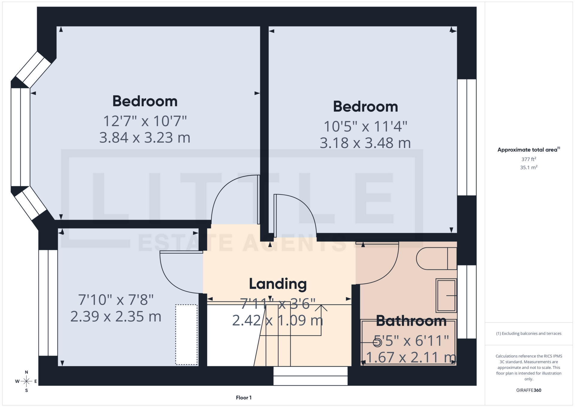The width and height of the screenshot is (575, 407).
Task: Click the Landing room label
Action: point(278,284)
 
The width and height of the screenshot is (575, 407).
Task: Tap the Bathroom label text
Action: point(411,321)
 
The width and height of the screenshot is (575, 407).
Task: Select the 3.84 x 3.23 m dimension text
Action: point(145,138)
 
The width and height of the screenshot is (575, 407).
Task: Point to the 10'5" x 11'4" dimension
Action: point(365,126)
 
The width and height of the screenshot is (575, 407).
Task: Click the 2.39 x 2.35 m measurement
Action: point(116,316)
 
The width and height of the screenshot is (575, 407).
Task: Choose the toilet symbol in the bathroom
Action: point(436,258)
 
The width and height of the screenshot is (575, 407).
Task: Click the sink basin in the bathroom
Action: point(446,296)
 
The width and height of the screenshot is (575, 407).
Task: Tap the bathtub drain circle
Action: point(377,342)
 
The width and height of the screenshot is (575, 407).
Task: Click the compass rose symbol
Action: point(26,381)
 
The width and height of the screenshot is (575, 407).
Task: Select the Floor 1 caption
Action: point(243,398)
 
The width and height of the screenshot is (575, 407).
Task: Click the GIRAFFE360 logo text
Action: point(529,390)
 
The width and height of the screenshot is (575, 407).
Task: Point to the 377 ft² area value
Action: point(529,159)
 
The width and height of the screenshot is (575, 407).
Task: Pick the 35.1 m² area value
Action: point(529,167)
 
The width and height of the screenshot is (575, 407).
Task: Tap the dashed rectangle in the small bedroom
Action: point(186,334)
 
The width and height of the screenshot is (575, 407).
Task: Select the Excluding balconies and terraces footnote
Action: point(529,333)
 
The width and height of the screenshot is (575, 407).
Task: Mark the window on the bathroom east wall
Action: point(467,302)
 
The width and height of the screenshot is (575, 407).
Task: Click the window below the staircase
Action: point(310,376)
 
